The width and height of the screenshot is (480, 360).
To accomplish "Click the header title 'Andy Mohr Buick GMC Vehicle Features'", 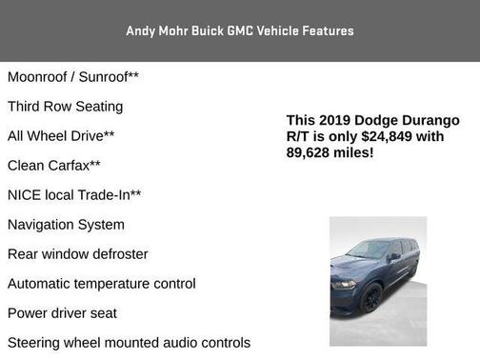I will (x=240, y=30).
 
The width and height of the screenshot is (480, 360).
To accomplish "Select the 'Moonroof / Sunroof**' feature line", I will (x=72, y=76).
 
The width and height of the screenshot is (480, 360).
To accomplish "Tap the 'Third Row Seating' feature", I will (x=65, y=106).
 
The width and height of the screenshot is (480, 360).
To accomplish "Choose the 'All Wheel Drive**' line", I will (x=61, y=135).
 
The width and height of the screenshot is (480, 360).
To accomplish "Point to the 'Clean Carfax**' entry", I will (x=53, y=165).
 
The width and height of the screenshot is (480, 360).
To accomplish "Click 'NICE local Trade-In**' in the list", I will (x=74, y=194).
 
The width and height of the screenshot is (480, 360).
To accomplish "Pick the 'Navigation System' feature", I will (x=66, y=224).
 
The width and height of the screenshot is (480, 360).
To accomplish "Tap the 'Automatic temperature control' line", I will (x=102, y=283).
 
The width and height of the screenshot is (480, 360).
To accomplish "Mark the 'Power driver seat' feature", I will (x=62, y=312).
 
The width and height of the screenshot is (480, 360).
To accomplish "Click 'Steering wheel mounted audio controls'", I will (x=129, y=342).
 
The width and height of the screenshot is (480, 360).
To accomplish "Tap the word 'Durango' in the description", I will (x=429, y=120).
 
